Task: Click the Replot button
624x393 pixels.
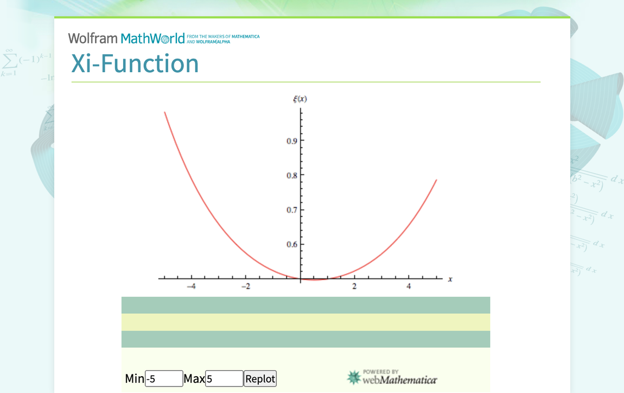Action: coord(260,378)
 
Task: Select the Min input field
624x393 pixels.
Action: coord(164,378)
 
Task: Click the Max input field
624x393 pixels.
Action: coord(224,378)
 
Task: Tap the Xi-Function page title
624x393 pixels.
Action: coord(135,64)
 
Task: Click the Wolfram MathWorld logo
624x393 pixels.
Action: coord(126,39)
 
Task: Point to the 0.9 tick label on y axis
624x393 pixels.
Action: coord(292,141)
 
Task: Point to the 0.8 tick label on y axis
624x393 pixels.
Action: coord(292,175)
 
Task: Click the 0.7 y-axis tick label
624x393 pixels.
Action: coord(292,210)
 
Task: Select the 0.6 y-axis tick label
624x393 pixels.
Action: coord(292,244)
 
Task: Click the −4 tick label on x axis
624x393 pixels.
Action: coord(191,287)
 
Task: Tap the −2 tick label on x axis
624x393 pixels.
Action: coord(245,287)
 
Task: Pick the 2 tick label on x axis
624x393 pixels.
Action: coord(354,287)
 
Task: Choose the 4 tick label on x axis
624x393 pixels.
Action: coord(409,287)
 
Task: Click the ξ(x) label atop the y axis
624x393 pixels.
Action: coord(300,99)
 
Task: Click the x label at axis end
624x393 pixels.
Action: coord(450,279)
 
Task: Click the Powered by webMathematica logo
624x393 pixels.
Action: coord(392,377)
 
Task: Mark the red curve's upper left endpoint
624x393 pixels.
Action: coord(164,112)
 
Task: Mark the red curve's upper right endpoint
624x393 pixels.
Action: coord(436,180)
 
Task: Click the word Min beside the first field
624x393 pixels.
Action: coord(135,378)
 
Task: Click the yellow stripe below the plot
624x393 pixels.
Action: coord(305,322)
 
